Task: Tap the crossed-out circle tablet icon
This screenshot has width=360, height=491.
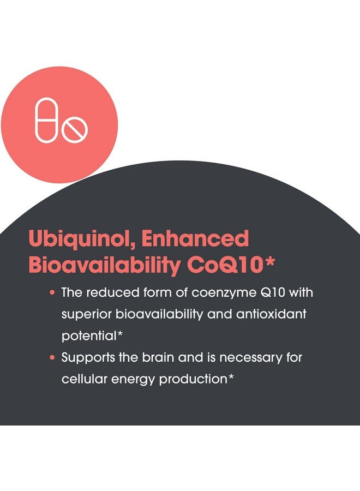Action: click(75, 129)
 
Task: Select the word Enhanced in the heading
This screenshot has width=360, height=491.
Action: click(195, 238)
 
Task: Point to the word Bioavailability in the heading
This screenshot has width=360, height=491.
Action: click(105, 266)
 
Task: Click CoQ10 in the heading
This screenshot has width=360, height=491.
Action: click(224, 266)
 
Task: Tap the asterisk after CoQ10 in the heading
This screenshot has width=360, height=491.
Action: click(269, 262)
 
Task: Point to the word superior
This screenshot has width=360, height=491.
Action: click(86, 315)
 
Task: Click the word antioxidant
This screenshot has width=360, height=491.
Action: click(271, 314)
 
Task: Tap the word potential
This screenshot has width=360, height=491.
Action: click(89, 336)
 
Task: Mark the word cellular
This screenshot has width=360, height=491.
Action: click(84, 379)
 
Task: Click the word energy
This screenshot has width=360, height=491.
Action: click(133, 380)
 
